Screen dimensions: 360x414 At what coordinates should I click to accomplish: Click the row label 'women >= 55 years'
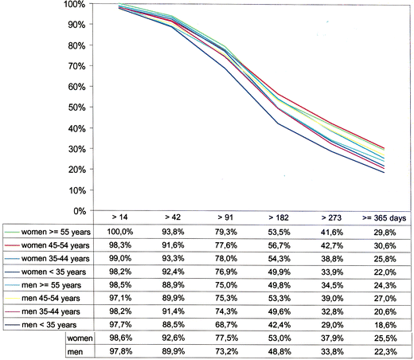(48, 231)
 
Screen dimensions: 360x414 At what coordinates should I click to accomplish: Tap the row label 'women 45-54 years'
(48, 245)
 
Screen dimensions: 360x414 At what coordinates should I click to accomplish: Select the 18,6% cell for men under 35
(385, 325)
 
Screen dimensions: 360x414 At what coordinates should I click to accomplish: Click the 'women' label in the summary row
(80, 338)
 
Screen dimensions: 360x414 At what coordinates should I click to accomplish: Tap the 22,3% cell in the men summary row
(385, 352)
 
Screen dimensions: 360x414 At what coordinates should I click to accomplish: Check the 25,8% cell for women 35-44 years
(385, 258)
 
